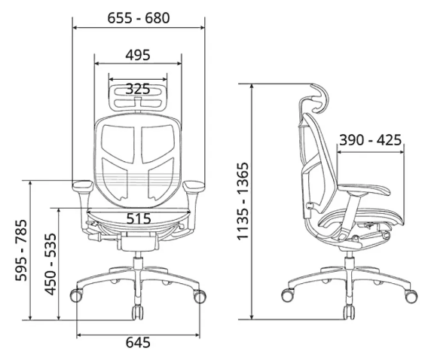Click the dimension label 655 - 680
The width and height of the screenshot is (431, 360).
[x=138, y=18]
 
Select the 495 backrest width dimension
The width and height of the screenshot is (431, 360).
[x=138, y=55]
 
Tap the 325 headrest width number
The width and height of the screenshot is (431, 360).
[x=138, y=89]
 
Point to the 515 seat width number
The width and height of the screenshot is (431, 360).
[x=139, y=218]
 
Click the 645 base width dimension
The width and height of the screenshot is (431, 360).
[x=138, y=343]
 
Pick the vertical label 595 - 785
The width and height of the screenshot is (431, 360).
[x=21, y=250]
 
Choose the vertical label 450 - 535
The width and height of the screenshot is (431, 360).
[x=50, y=264]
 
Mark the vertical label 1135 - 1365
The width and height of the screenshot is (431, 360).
[x=243, y=201]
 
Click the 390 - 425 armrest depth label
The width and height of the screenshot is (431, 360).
[x=370, y=140]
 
